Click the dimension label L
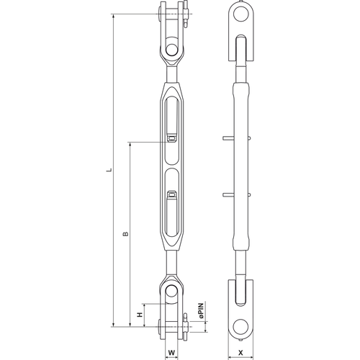(x=109, y=170)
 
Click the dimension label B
(x=125, y=234)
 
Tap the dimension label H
(x=140, y=315)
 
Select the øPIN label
(x=201, y=311)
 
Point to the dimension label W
(x=171, y=353)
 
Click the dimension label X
(x=240, y=353)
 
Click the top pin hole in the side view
(x=240, y=14)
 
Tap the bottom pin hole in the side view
(x=240, y=327)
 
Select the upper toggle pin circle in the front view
(x=171, y=50)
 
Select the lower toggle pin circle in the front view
(x=171, y=291)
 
